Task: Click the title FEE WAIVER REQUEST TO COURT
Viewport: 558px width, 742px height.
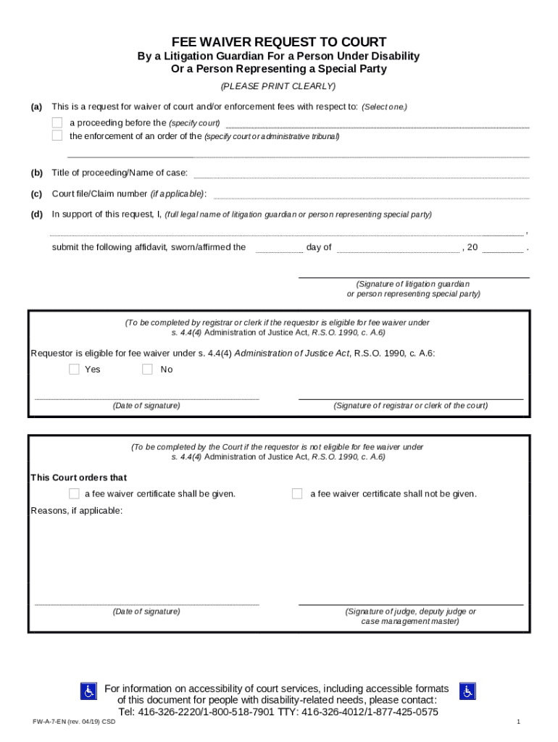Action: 278,42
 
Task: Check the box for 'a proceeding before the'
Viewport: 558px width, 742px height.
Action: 57,122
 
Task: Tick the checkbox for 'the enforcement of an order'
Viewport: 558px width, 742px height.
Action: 57,136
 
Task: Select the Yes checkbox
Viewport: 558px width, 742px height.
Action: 74,370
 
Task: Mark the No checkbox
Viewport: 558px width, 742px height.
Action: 147,370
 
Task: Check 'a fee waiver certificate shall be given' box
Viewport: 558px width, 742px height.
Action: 74,493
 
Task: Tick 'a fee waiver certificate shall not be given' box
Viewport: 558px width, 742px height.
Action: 297,493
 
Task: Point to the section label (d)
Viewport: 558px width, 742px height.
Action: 36,214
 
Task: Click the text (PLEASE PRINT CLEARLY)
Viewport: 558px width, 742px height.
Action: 278,86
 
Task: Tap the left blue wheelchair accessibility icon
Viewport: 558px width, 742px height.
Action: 88,691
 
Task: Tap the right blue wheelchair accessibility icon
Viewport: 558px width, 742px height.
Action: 467,691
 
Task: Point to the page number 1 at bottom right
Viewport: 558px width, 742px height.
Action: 519,722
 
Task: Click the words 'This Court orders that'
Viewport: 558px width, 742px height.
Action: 79,478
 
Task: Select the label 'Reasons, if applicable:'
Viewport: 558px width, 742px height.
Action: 77,511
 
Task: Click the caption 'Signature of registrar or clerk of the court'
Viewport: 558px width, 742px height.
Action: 410,406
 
